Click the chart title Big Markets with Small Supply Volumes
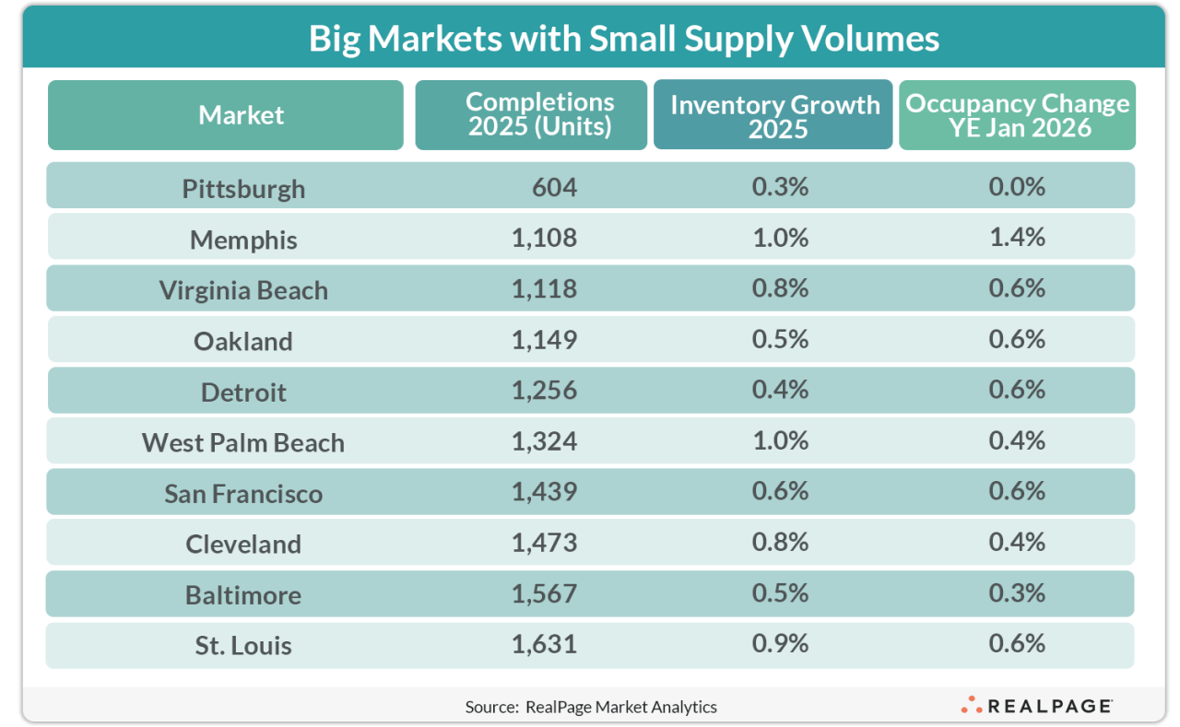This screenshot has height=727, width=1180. tap(624, 39)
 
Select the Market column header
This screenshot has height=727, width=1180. tap(242, 115)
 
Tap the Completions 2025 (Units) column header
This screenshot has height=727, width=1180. tap(539, 114)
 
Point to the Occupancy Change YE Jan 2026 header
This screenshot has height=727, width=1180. tap(1018, 115)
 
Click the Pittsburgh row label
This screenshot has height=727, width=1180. tap(243, 189)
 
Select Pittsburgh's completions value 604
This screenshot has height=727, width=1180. tap(554, 187)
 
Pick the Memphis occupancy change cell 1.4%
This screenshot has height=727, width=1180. tap(1017, 238)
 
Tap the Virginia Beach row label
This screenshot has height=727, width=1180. tap(243, 290)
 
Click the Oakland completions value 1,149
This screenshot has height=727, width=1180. tap(544, 339)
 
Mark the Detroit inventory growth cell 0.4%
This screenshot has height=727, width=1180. tap(780, 390)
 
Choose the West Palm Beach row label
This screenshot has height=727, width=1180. tap(243, 442)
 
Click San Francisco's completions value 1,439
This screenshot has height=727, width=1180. tap(544, 491)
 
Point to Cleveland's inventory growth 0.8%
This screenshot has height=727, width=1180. tap(780, 542)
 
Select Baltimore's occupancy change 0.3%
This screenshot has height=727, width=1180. tap(1017, 592)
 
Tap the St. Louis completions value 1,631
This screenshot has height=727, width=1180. tap(544, 643)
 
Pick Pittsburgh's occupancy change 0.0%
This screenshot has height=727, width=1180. tap(1017, 187)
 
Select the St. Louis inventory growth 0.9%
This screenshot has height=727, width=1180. tap(780, 643)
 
